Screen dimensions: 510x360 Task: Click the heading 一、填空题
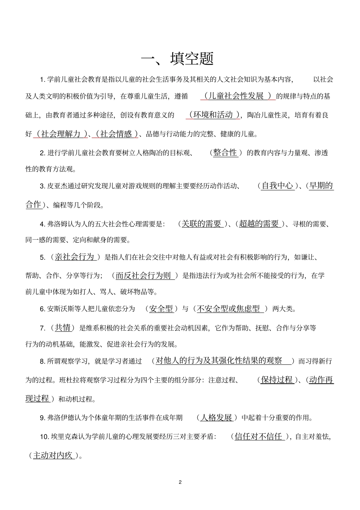pyautogui.click(x=177, y=59)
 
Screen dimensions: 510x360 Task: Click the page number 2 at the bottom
pyautogui.click(x=180, y=482)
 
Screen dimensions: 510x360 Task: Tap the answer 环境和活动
pyautogui.click(x=213, y=115)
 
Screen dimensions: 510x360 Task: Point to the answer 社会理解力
pyautogui.click(x=61, y=134)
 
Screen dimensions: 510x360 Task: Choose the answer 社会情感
pyautogui.click(x=116, y=134)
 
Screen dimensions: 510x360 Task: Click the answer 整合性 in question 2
pyautogui.click(x=225, y=153)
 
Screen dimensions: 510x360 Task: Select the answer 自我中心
pyautogui.click(x=277, y=186)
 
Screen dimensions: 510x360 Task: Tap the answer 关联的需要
pyautogui.click(x=202, y=224)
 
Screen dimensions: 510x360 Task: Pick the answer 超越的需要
pyautogui.click(x=259, y=224)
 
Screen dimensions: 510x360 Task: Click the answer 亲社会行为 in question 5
pyautogui.click(x=75, y=257)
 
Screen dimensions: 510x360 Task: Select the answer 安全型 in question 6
pyautogui.click(x=161, y=309)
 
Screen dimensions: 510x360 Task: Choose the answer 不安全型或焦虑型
pyautogui.click(x=229, y=309)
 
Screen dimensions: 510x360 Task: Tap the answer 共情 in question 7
pyautogui.click(x=63, y=328)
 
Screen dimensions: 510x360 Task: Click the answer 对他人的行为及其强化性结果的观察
pyautogui.click(x=219, y=361)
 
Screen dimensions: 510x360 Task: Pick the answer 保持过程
pyautogui.click(x=277, y=380)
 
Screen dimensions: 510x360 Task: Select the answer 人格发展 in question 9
pyautogui.click(x=216, y=418)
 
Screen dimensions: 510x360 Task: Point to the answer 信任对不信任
pyautogui.click(x=259, y=436)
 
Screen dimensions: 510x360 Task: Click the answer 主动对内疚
pyautogui.click(x=53, y=455)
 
